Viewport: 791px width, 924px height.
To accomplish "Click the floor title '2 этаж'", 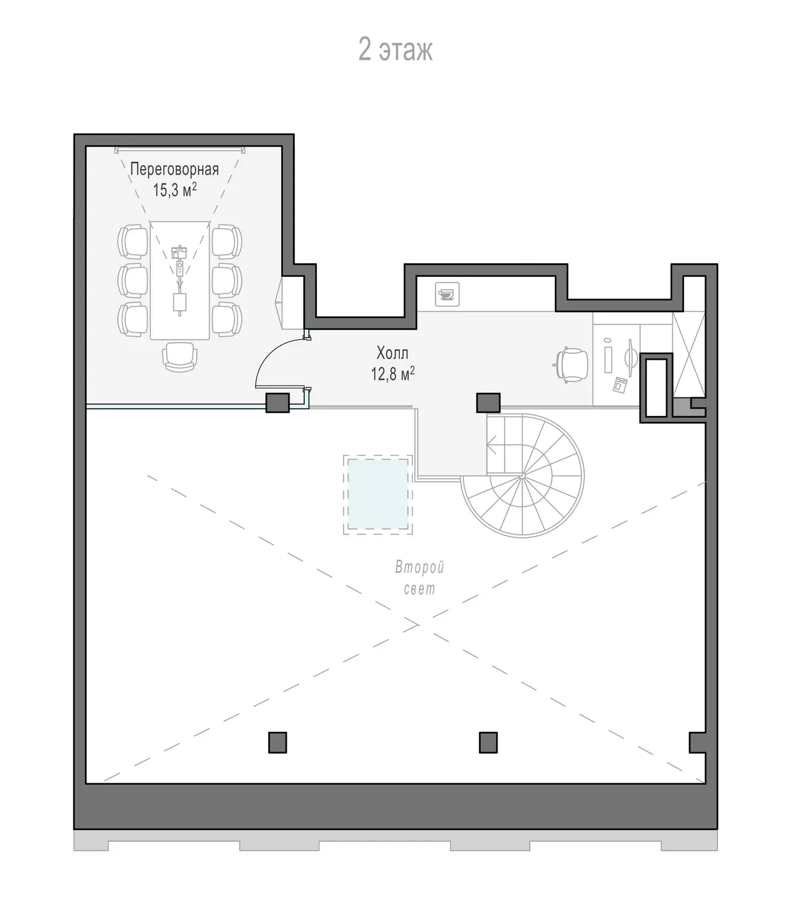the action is point(395,50).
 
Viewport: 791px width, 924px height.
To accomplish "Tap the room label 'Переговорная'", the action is point(174,170).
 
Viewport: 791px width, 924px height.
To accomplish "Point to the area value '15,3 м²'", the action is point(175,190).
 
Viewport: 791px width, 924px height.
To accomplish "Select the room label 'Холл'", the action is point(392,353).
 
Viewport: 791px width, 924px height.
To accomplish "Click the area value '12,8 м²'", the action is point(392,374).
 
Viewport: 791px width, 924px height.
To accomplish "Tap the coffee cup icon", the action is point(447,294).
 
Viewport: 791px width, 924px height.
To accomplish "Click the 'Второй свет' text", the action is point(419,578).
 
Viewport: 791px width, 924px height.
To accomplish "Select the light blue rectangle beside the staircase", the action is point(378,494).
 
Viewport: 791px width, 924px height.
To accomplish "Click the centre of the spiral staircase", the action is point(522,477).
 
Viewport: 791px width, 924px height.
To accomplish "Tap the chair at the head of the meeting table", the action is point(180,357).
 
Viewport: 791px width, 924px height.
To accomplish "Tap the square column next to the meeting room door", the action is point(277,403).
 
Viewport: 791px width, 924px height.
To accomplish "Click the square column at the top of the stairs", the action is point(488,403).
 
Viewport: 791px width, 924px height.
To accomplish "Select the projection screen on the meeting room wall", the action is point(180,150).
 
